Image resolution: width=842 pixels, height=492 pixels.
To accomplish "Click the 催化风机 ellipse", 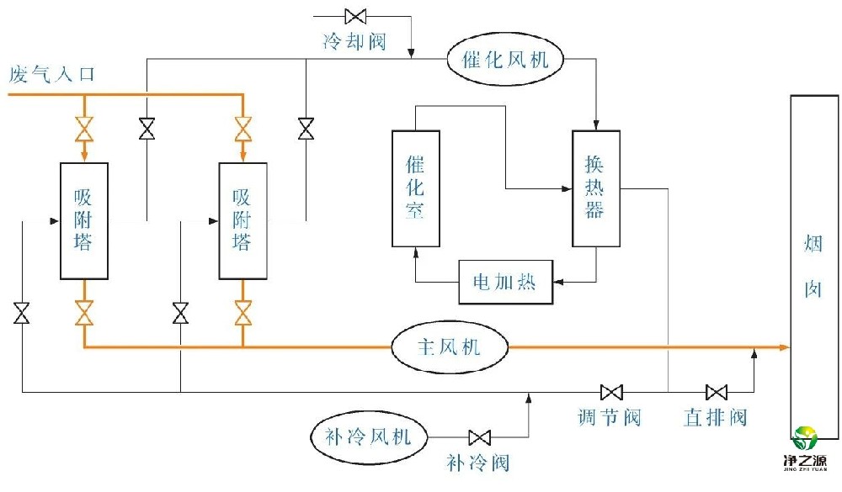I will coord(505,59).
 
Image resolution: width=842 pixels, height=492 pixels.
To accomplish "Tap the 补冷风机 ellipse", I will coord(368,436).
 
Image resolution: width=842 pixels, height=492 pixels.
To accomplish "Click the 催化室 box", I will coord(415,188).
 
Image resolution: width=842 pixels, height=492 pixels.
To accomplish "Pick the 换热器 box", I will coord(595,188).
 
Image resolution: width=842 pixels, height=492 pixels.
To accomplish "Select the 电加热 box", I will coord(504,282).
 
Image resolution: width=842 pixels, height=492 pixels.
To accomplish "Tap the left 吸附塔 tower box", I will coord(83,220).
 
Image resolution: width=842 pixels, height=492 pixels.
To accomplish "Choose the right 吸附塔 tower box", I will coord(242,220).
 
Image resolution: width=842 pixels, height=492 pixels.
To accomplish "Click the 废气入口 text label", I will coord(51,75).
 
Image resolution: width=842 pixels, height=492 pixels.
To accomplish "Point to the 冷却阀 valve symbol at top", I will coord(355,15).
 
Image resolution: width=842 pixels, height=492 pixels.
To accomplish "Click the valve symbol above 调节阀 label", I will coord(611,392).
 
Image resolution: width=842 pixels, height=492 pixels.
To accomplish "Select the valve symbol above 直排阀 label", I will coord(717,392).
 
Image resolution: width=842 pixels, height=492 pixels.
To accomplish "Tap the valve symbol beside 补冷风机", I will coord(480,437).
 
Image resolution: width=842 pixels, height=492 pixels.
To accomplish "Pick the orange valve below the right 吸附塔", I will coord(242,313).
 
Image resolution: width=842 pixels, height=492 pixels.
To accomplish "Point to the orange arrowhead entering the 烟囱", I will coord(783,347).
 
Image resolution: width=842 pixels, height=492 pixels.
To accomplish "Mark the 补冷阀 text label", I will coord(478,463).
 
